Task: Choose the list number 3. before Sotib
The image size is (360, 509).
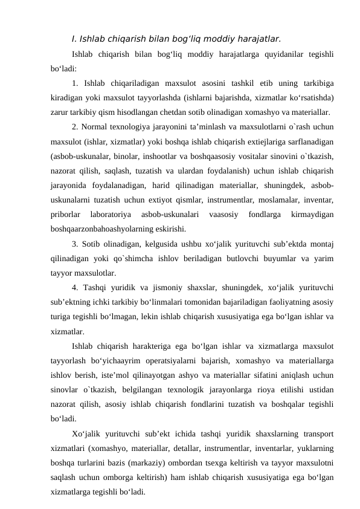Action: pos(74,244)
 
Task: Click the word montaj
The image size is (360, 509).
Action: pos(323,244)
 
